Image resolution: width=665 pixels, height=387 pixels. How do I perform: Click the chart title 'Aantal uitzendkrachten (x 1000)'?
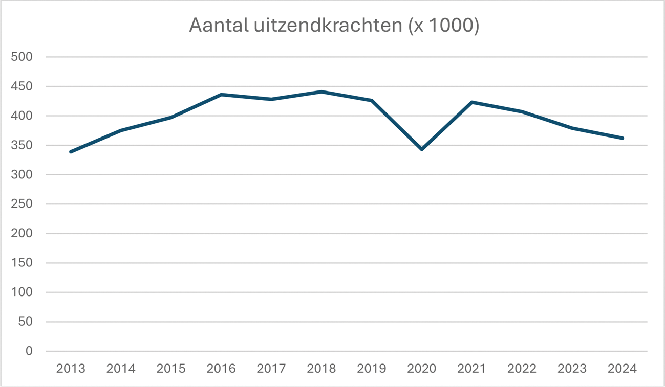pos(334,26)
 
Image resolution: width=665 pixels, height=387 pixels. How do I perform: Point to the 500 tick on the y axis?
pos(22,57)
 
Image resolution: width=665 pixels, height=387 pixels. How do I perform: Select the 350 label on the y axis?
pos(22,145)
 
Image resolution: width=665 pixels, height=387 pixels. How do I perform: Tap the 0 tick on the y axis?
pos(29,351)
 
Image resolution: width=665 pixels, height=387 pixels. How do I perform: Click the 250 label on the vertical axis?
pos(22,204)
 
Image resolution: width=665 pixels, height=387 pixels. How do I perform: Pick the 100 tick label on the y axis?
pos(22,292)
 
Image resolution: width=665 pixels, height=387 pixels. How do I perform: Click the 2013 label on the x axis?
pos(71,369)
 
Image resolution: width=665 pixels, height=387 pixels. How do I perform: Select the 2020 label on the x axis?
pos(422,369)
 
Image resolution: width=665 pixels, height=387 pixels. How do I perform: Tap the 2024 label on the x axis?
pos(623,369)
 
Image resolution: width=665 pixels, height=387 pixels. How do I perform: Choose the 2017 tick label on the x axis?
pos(271,369)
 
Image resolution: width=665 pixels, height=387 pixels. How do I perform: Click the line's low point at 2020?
pos(422,149)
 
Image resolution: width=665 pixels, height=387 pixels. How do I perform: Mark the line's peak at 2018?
pos(321,92)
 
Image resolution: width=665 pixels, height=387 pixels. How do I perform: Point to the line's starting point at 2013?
pos(71,152)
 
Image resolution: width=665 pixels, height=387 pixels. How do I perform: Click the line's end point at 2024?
pos(623,138)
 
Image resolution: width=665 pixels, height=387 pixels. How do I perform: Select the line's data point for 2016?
pos(221,95)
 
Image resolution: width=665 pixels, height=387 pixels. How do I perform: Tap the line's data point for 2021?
pos(472,102)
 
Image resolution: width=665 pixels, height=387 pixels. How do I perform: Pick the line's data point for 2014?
pos(121,130)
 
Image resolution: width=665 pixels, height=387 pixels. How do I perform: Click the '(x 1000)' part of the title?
pos(443,26)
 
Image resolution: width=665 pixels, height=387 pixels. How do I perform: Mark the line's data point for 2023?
pos(572,128)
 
